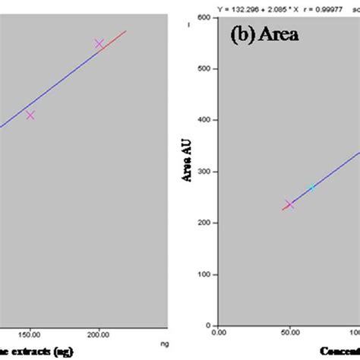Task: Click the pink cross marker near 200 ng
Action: coord(99,44)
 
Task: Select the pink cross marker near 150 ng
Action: coord(30,115)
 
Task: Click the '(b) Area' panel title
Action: coord(261,35)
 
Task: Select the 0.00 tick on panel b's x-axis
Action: coord(219,333)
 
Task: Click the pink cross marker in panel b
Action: coord(289,204)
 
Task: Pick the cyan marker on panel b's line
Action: coord(311,188)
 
